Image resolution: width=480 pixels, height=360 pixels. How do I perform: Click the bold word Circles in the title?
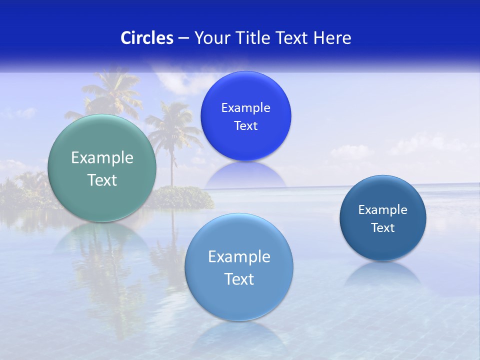click(x=147, y=38)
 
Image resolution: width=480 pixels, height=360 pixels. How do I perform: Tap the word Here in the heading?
click(x=332, y=38)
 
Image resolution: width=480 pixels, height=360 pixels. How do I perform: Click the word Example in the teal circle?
click(x=102, y=158)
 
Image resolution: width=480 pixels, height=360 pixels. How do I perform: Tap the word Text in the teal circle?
click(x=102, y=180)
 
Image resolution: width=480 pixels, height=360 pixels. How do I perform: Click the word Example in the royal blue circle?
click(x=245, y=108)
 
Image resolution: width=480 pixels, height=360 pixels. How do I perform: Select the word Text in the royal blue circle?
click(x=245, y=126)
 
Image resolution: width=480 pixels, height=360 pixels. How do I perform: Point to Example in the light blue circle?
click(x=239, y=257)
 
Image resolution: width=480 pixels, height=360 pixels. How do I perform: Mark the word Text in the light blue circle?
click(x=239, y=279)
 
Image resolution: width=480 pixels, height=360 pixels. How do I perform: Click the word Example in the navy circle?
click(x=382, y=210)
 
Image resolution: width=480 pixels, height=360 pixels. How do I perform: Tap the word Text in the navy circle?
click(x=382, y=228)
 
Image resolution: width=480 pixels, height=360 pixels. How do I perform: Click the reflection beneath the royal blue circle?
click(x=245, y=175)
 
